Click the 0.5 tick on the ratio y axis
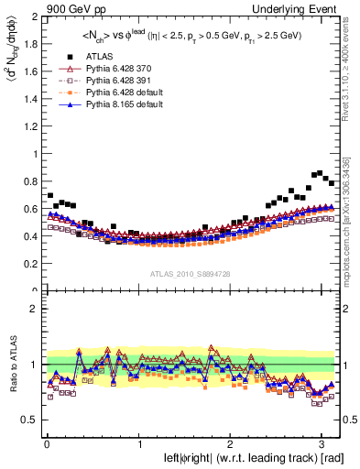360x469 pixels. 29,420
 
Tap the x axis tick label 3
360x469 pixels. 323,443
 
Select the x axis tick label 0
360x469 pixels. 46,443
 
